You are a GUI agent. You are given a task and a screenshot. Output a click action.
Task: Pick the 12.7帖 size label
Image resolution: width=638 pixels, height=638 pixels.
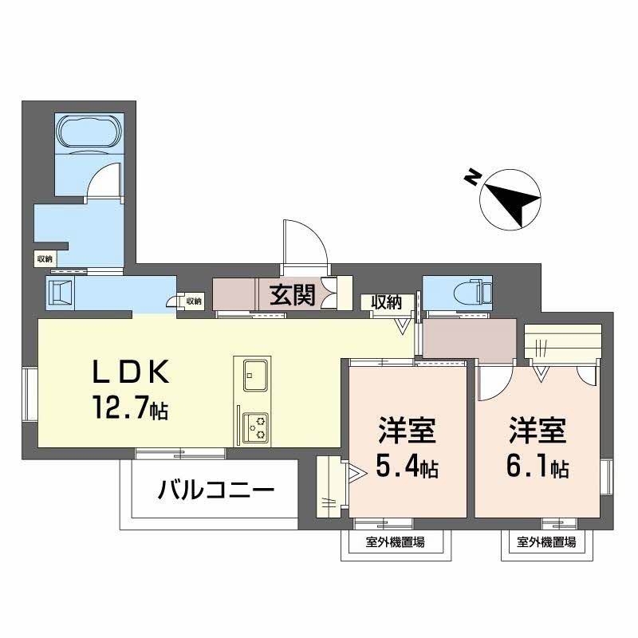click(x=128, y=410)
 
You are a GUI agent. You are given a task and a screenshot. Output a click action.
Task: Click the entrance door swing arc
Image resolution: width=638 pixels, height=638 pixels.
click(x=303, y=239)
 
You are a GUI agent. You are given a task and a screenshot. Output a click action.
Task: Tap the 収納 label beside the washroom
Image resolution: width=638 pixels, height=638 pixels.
click(x=44, y=258)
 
